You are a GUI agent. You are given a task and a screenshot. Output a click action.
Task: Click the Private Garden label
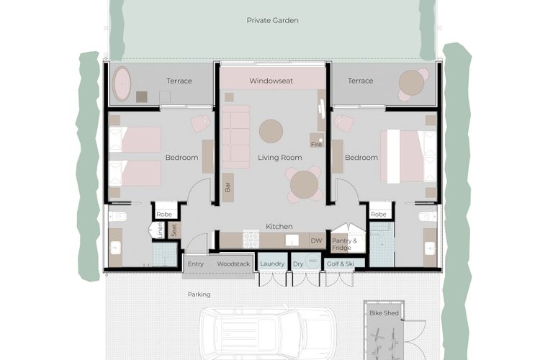point(272,20)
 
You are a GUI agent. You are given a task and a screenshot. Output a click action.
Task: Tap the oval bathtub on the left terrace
point(122,84)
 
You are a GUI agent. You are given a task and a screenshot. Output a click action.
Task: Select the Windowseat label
point(271,81)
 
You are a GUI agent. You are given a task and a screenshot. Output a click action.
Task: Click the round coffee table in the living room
point(271,131)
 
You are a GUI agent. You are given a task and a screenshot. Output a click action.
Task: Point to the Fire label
point(315,144)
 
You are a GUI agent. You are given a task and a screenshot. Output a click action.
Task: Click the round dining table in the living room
point(304,185)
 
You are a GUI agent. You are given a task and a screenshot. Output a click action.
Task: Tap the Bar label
point(228,186)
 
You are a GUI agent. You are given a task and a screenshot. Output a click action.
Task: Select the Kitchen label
point(279,226)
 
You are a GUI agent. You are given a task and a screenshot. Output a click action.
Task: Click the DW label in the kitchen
point(315,240)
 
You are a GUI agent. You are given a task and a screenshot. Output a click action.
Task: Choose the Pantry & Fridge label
point(342,244)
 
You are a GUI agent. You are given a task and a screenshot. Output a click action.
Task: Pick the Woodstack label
point(233,264)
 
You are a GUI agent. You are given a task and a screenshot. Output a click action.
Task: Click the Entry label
point(195,264)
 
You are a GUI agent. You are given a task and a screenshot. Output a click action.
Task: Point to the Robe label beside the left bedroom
point(165,214)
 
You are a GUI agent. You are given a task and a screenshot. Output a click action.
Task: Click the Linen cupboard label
point(159,230)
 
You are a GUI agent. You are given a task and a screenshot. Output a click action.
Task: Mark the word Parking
point(199,294)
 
